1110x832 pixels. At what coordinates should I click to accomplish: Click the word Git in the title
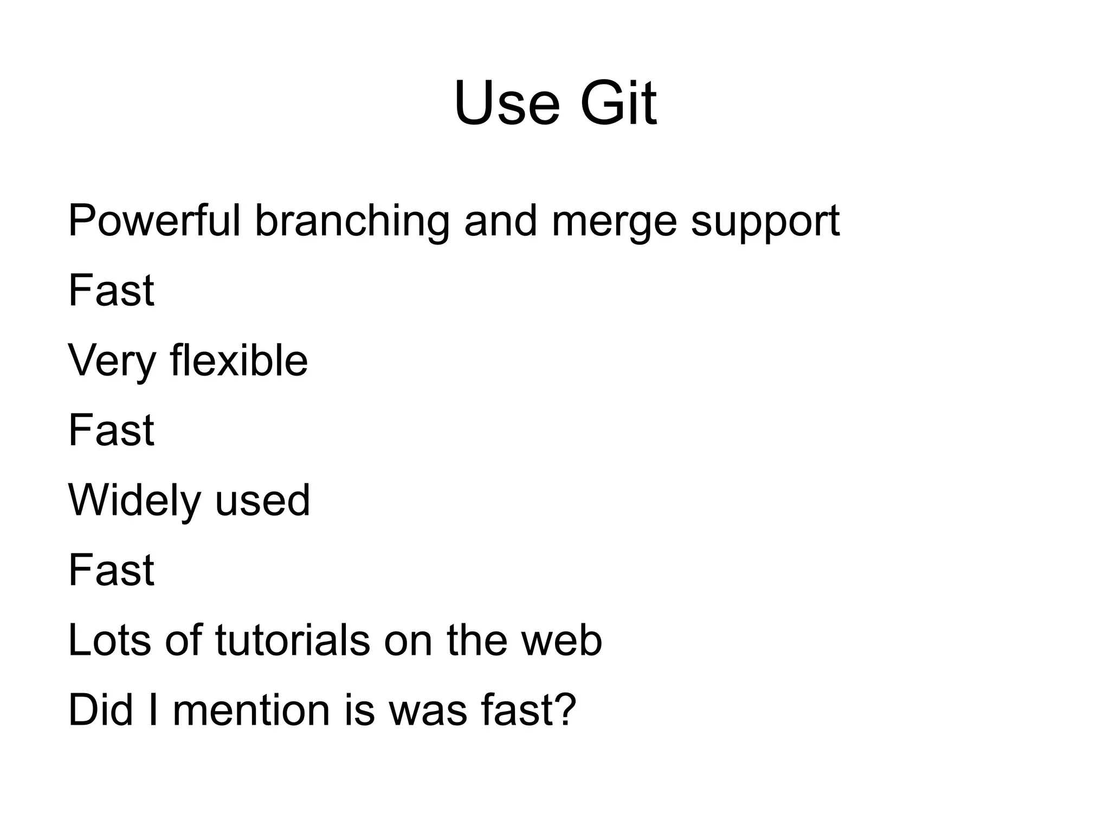[618, 103]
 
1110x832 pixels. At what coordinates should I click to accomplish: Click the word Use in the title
[506, 103]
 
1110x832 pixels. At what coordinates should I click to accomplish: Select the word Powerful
[154, 221]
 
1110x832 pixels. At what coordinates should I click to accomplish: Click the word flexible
[238, 360]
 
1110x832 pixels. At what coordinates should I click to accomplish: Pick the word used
[262, 500]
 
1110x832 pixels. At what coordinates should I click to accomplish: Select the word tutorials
[293, 640]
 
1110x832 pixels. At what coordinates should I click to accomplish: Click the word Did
[101, 710]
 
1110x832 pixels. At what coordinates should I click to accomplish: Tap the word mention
[251, 710]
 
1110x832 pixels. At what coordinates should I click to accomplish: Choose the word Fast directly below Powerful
[111, 291]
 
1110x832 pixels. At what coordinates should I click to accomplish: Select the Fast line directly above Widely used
[111, 430]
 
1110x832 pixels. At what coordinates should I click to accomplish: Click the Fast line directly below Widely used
[111, 570]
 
